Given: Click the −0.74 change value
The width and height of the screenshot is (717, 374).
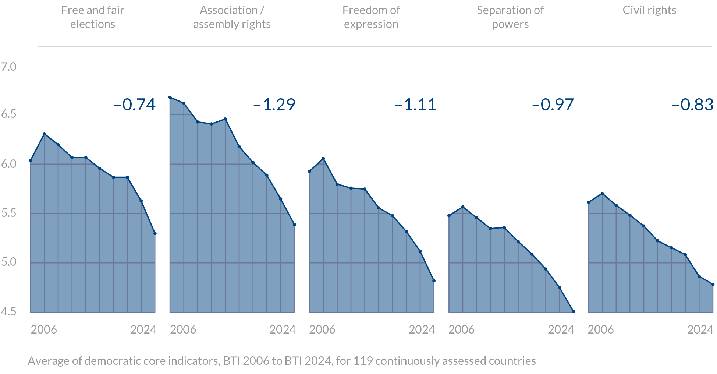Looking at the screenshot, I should (135, 105).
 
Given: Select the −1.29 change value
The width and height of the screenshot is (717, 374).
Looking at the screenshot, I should (274, 105).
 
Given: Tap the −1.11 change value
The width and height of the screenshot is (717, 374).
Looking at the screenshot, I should (415, 105).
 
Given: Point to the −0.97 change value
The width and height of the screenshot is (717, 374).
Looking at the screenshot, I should (553, 105).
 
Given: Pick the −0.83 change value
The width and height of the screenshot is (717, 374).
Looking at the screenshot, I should (692, 105).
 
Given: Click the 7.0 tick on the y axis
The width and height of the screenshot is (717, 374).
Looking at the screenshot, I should (9, 67).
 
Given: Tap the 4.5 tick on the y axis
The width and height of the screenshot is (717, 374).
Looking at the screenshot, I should (9, 311).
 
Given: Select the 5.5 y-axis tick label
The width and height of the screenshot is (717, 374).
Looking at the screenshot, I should (9, 213).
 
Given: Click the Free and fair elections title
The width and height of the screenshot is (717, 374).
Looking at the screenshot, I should (93, 17).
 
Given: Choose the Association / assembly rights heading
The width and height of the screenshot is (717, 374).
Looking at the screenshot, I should (232, 17).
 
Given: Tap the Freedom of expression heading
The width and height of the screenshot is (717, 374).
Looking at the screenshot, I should (371, 17).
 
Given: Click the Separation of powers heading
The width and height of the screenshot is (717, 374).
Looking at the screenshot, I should (510, 17).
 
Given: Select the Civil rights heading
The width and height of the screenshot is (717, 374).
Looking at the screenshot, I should (649, 10).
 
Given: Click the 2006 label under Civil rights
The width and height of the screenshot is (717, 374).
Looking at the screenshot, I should (600, 329).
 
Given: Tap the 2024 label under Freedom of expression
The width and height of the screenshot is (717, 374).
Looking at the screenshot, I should (422, 329).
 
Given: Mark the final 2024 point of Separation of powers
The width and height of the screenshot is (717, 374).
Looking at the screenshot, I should (574, 312).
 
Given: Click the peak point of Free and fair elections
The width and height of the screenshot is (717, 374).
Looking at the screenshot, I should (44, 134).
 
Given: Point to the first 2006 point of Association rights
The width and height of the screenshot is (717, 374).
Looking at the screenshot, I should (170, 97).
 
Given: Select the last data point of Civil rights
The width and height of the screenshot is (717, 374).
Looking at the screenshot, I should (713, 284).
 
